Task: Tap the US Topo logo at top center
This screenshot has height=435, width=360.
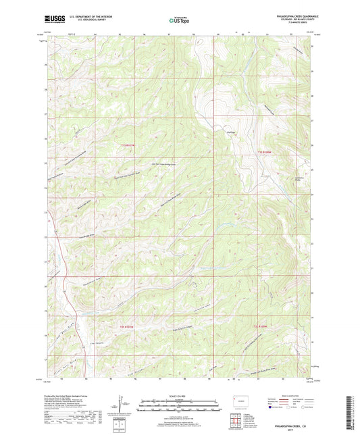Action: point(180,21)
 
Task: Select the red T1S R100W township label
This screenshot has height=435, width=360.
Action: point(264,154)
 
